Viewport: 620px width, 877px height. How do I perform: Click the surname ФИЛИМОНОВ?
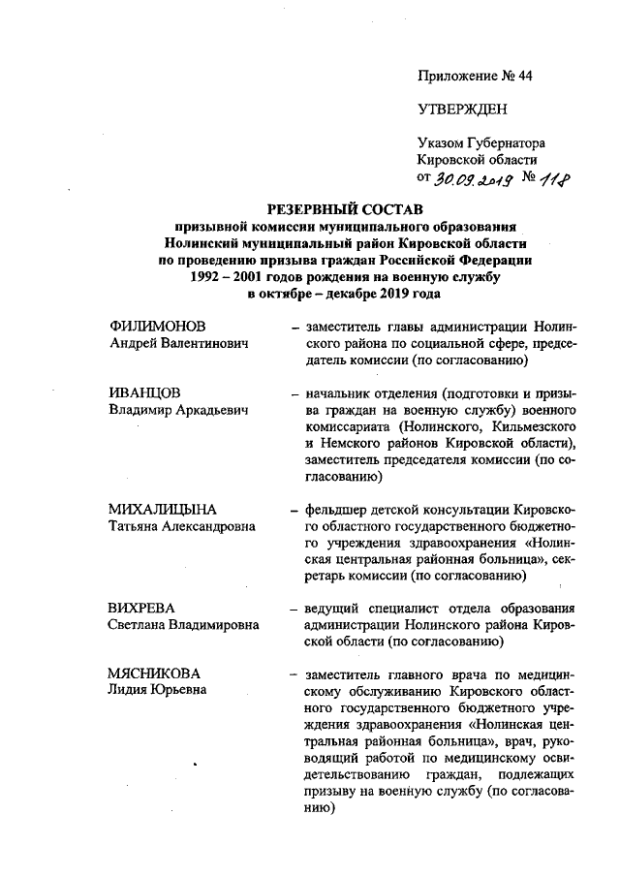pyautogui.click(x=158, y=327)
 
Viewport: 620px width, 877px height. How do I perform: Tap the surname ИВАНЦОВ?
pyautogui.click(x=144, y=394)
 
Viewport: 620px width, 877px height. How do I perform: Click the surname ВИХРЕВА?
pyautogui.click(x=141, y=609)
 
